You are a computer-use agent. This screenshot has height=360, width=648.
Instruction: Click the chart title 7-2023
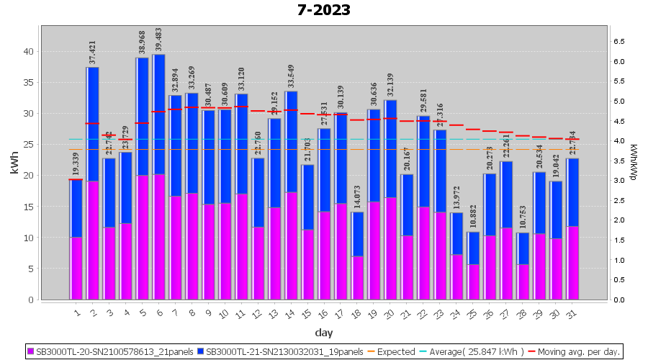[324, 10]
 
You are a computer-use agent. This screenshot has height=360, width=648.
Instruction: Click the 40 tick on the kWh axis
[27, 51]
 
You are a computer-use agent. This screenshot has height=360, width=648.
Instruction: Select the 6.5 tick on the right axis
[618, 42]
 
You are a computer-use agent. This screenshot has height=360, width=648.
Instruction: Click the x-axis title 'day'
[323, 333]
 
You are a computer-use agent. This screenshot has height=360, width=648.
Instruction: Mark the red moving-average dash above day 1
[76, 179]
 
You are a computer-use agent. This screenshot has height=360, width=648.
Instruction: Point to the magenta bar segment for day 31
[572, 263]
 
